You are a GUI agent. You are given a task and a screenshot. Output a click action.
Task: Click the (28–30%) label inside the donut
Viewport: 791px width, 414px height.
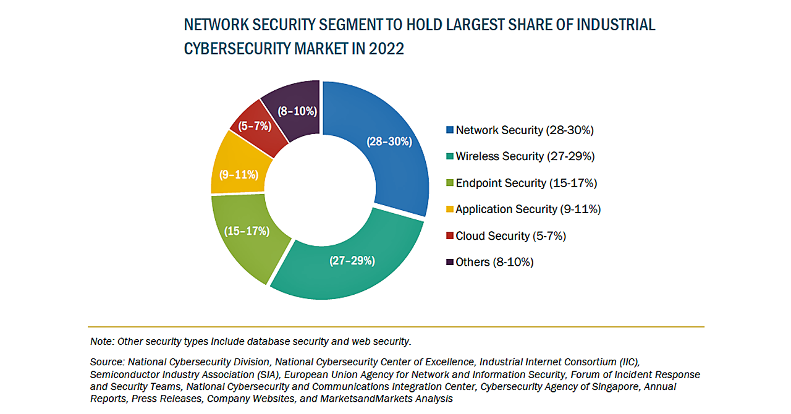tap(389, 142)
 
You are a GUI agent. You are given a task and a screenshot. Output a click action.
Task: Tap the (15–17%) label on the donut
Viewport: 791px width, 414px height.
tap(247, 231)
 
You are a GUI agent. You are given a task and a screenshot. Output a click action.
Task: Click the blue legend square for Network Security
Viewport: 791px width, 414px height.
tap(449, 130)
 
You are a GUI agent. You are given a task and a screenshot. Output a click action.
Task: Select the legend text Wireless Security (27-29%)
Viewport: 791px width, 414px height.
tap(525, 157)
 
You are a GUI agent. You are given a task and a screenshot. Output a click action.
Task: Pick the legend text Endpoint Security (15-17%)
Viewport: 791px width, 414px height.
tap(526, 183)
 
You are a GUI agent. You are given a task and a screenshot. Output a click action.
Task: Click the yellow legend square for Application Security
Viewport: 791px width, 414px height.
tap(449, 209)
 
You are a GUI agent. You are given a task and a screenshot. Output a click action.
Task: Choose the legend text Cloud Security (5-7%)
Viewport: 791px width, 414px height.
tap(510, 236)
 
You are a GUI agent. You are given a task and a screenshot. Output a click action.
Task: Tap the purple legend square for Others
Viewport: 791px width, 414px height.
tap(449, 262)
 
